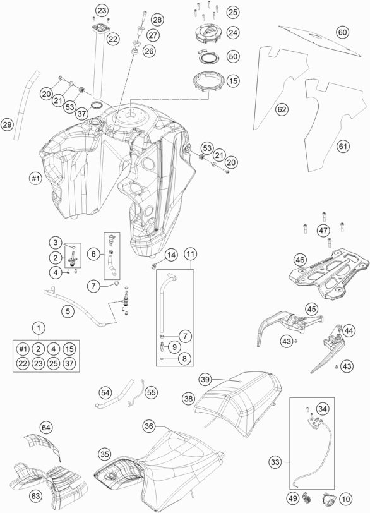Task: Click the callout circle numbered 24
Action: (x=233, y=32)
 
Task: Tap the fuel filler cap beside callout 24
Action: (x=206, y=34)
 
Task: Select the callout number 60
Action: (x=343, y=32)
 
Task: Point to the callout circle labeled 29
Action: (x=7, y=124)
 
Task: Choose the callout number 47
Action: (x=323, y=231)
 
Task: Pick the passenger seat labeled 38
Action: (x=239, y=404)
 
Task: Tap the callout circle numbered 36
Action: (x=149, y=426)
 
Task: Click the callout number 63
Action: (x=35, y=496)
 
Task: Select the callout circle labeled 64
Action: (x=46, y=427)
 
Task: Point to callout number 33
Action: (x=275, y=462)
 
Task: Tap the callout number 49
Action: (x=292, y=498)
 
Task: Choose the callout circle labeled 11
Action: (x=191, y=254)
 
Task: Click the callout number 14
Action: (x=171, y=255)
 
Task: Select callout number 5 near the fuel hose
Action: (x=68, y=311)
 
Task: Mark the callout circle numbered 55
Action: (x=151, y=392)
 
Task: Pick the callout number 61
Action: (x=343, y=146)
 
